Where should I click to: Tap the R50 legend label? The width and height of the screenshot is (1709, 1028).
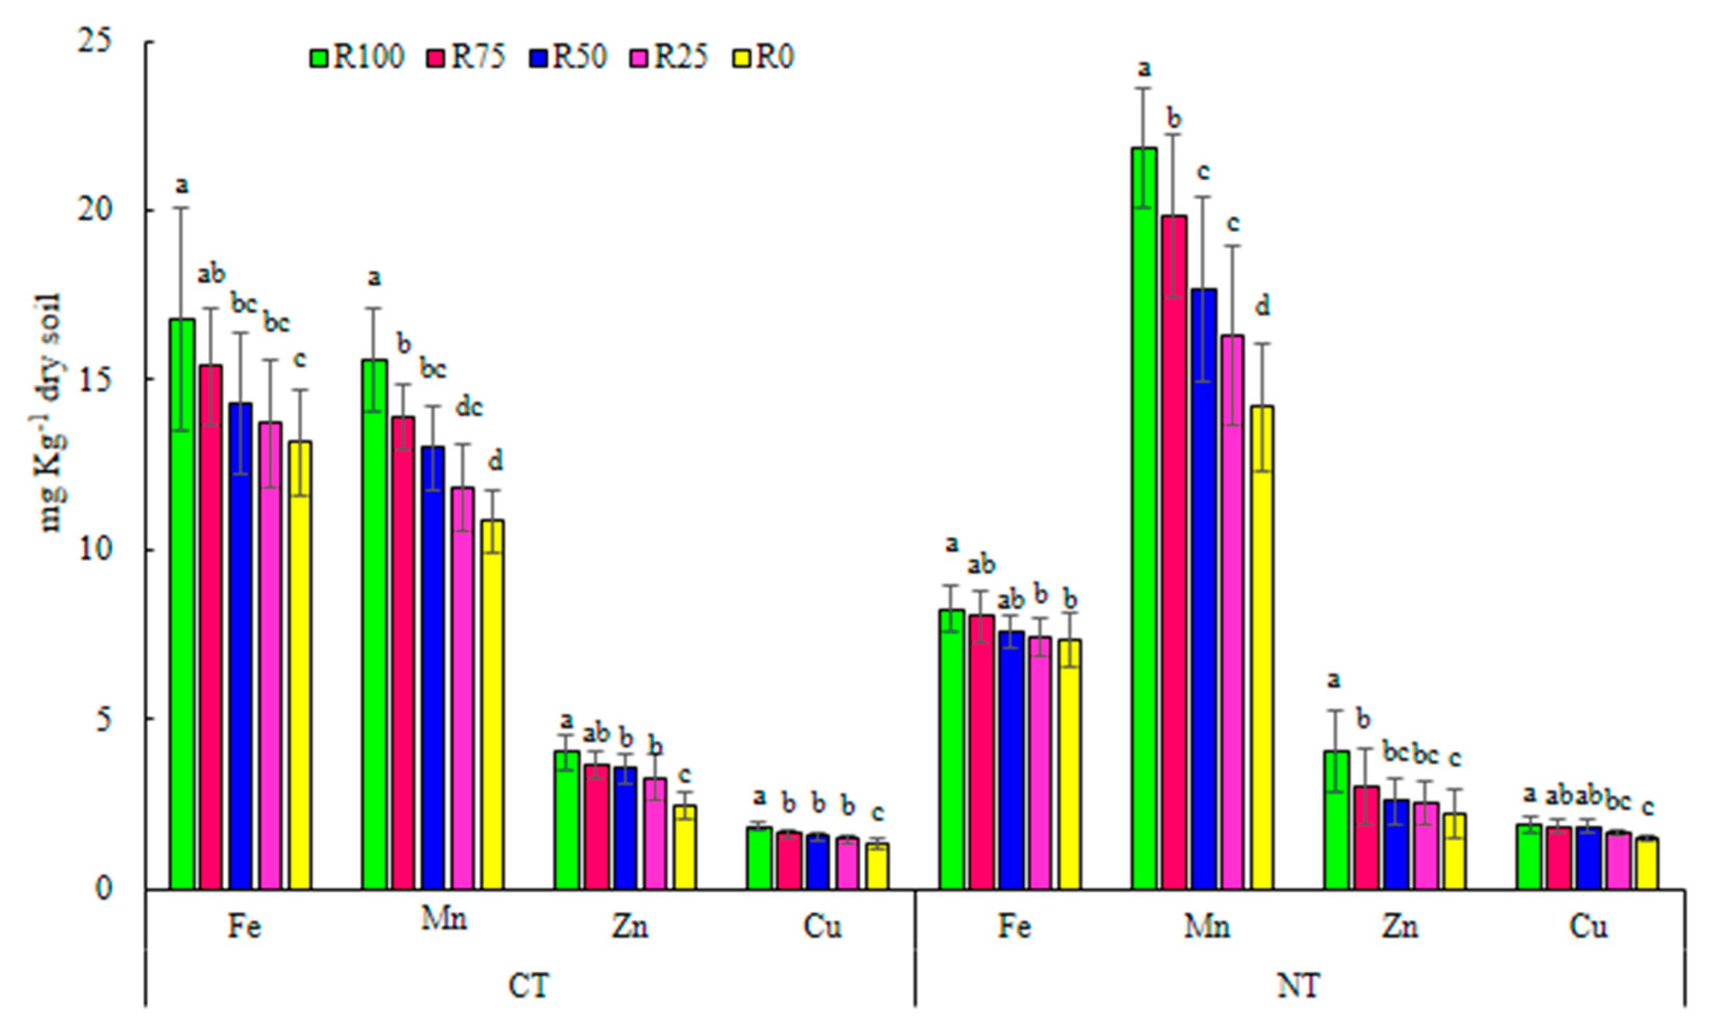[x=579, y=58]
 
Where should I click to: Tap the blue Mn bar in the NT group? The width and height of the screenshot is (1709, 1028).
[x=1204, y=589]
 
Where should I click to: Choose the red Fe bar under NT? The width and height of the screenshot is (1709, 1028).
[x=981, y=752]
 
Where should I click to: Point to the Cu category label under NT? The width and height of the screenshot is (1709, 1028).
[x=1588, y=926]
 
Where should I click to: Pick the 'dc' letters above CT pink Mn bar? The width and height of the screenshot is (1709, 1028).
[x=469, y=407]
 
